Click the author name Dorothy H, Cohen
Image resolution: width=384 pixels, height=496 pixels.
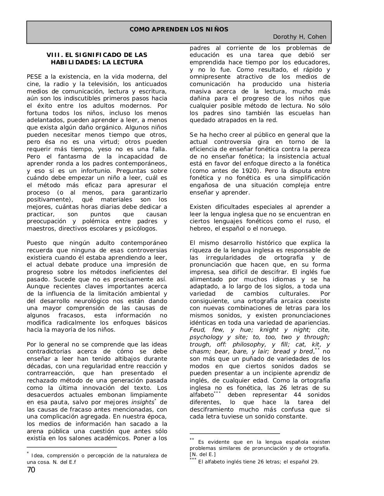(x=299, y=37)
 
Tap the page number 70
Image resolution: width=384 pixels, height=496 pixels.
(x=31, y=470)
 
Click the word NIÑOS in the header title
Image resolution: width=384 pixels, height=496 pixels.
(x=217, y=29)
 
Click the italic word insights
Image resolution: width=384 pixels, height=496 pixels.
(x=142, y=402)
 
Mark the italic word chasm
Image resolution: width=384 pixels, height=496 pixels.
(x=199, y=351)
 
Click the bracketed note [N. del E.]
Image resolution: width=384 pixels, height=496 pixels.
(x=202, y=455)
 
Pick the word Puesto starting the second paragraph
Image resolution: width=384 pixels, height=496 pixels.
(x=37, y=243)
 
